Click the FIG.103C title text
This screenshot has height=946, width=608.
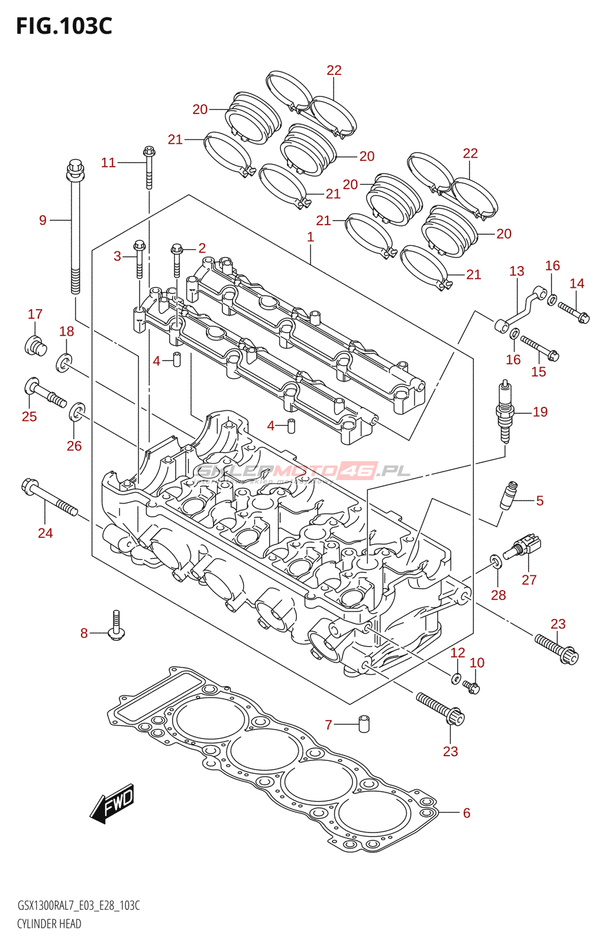[x=64, y=26]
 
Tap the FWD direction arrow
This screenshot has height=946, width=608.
[x=112, y=803]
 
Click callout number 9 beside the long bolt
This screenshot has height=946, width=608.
[x=43, y=221]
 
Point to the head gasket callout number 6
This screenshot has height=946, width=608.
[x=466, y=813]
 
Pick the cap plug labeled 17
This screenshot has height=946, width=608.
[x=35, y=345]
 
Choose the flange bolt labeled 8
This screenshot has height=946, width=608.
[x=117, y=627]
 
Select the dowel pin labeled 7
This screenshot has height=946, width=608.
[x=364, y=723]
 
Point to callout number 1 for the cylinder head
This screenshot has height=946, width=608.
[x=311, y=237]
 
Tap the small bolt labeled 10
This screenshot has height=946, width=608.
[x=472, y=687]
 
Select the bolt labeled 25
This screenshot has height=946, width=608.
[x=44, y=393]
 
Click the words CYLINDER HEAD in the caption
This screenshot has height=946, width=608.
[x=49, y=924]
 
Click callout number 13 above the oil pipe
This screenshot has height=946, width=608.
[x=516, y=271]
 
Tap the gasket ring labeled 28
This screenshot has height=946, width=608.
[x=496, y=561]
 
